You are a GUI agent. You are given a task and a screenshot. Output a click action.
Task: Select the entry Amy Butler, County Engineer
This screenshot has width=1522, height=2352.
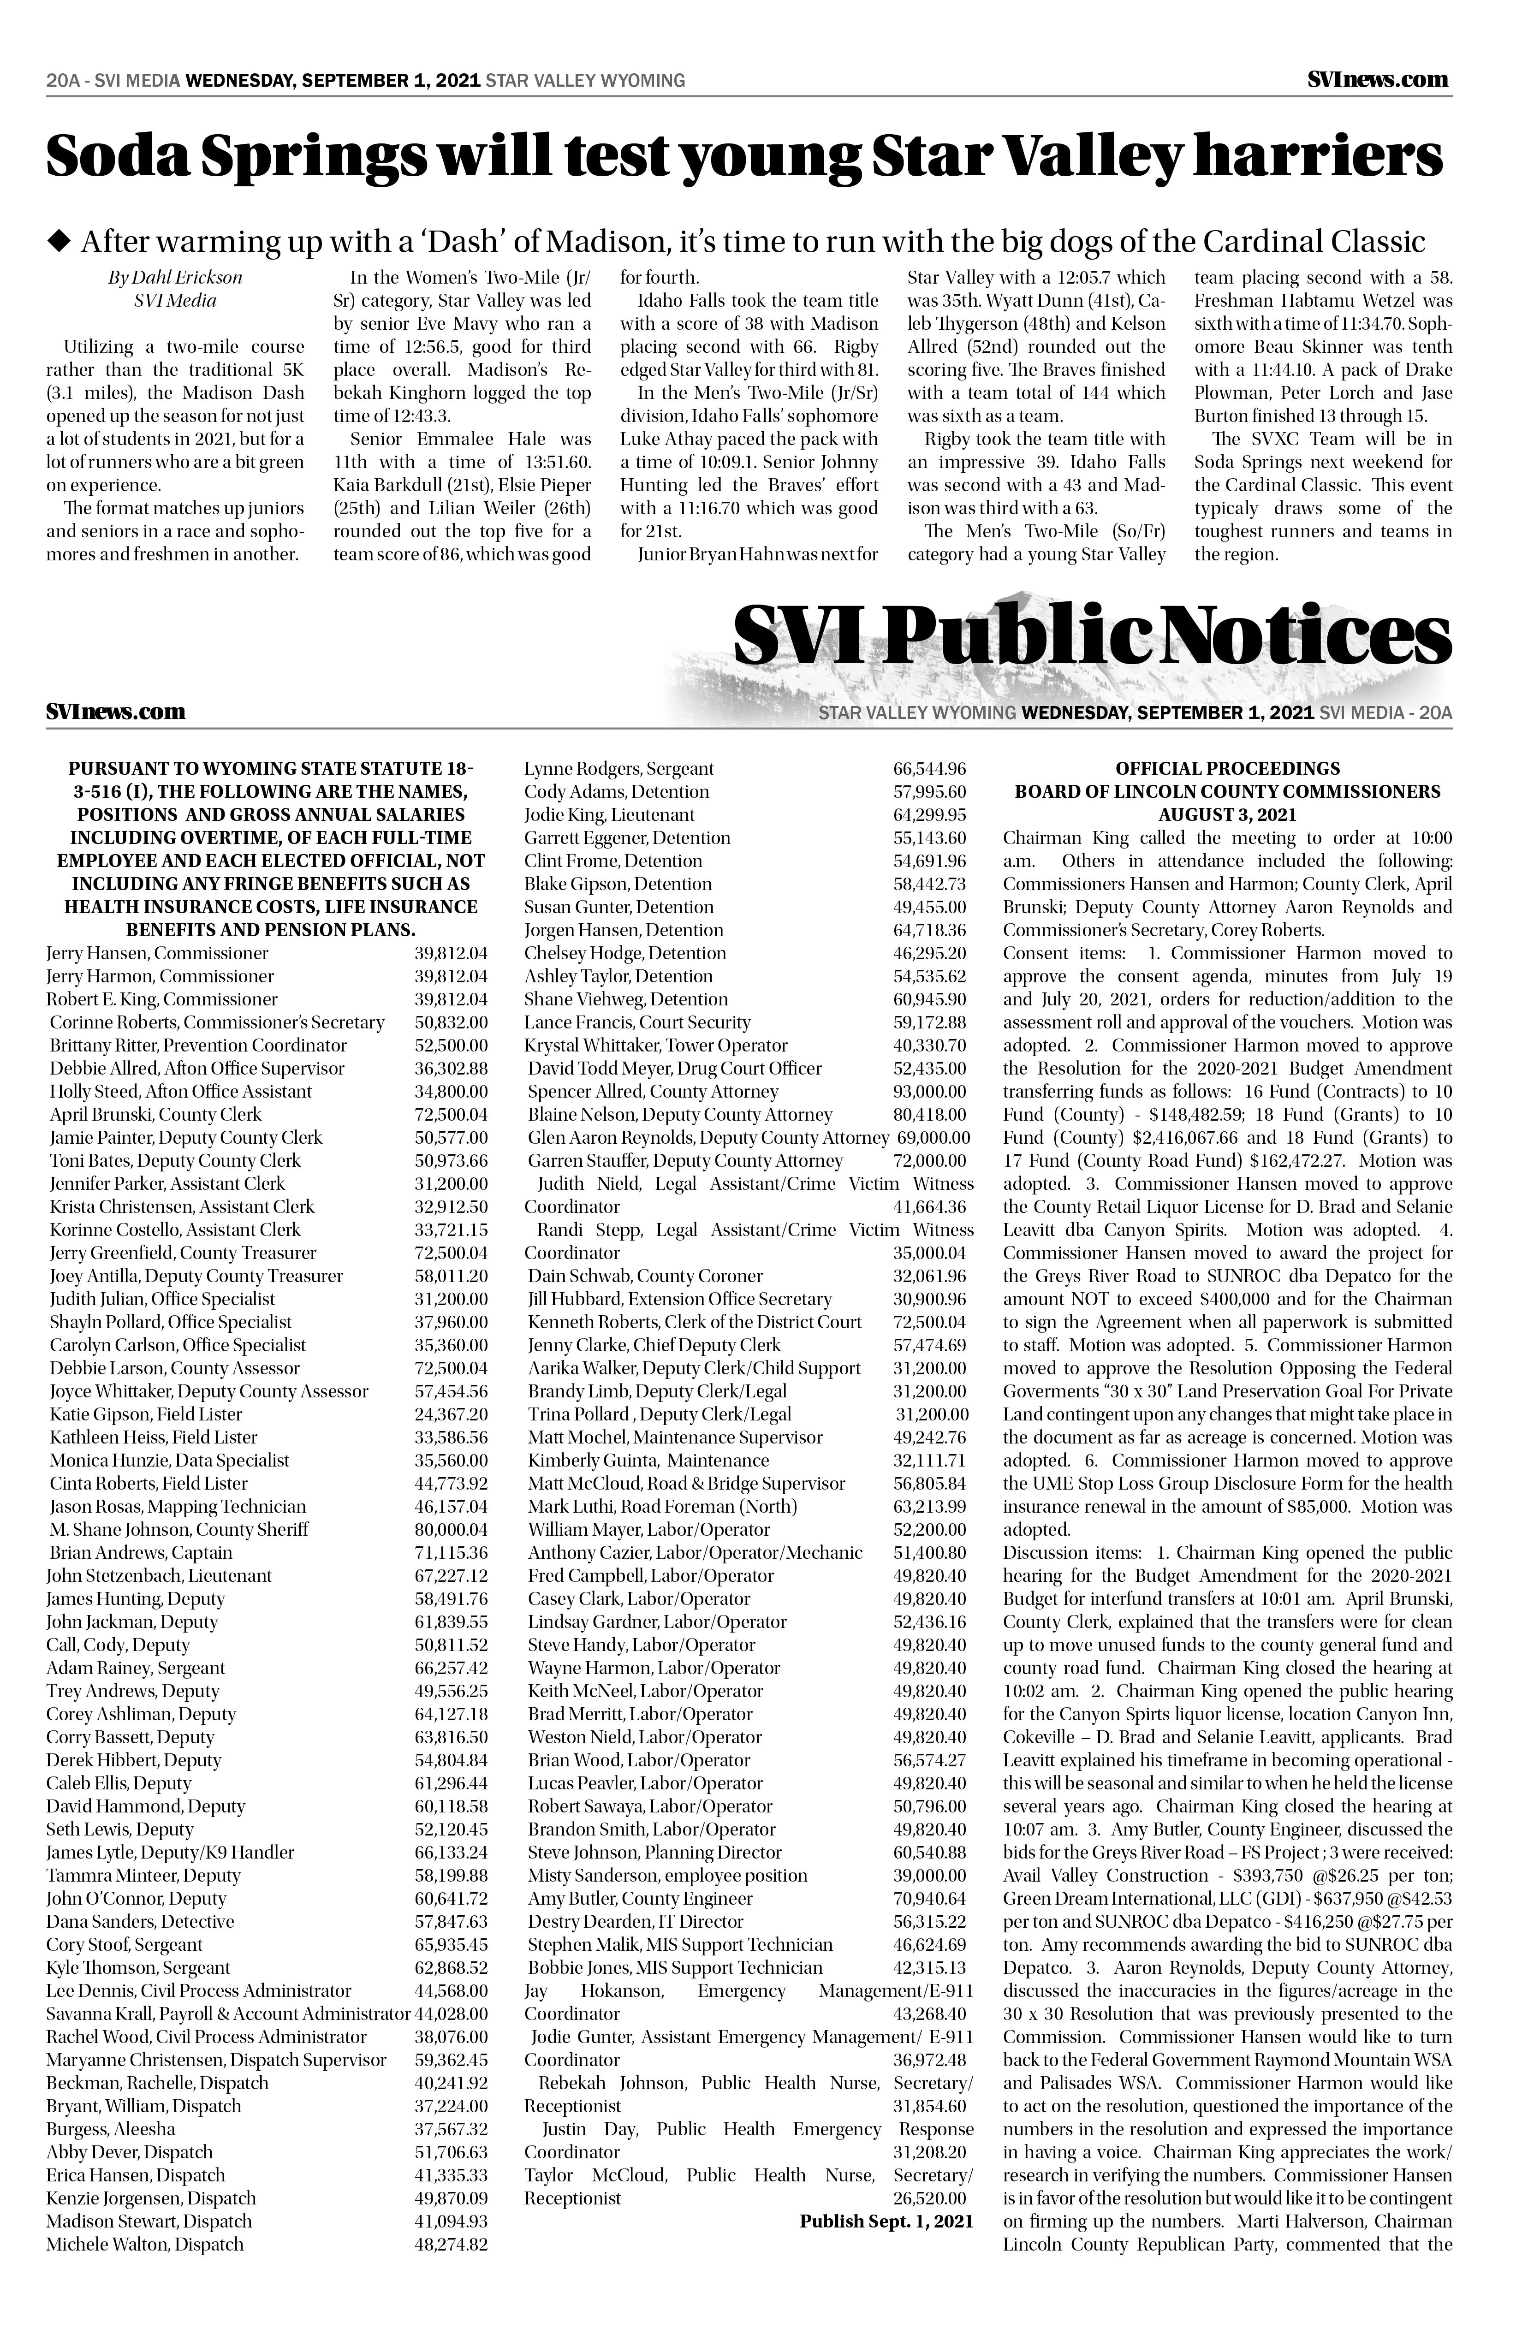coord(641,1898)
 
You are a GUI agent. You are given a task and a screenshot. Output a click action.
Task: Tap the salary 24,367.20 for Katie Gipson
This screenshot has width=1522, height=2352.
coord(451,1414)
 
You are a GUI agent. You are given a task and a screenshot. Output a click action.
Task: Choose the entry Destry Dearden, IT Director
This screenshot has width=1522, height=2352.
coord(636,1921)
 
